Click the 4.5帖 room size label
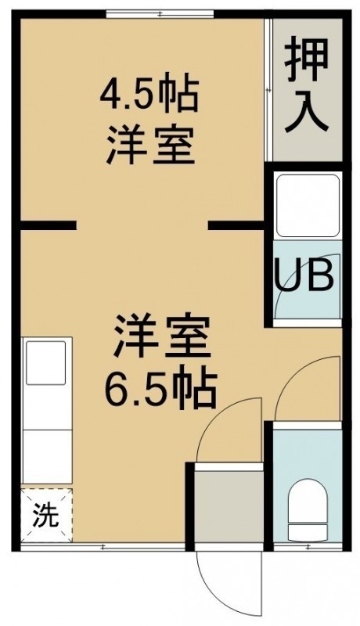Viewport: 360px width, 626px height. [149, 95]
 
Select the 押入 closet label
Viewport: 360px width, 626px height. [307, 85]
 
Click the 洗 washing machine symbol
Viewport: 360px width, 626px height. [46, 515]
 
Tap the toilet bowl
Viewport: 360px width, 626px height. [308, 505]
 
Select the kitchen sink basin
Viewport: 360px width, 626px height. [46, 362]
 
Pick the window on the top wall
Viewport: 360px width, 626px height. [160, 14]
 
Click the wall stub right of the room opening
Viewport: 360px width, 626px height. [236, 225]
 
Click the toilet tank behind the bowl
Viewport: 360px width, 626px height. [308, 531]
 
